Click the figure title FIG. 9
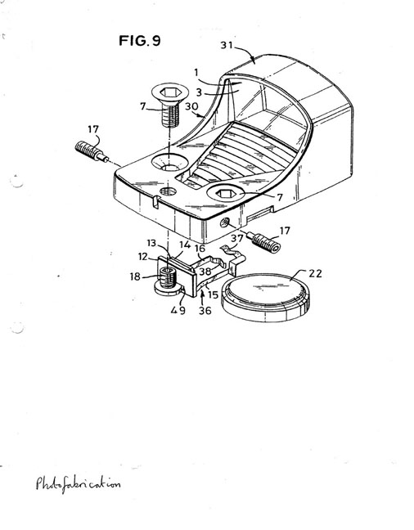pyautogui.click(x=140, y=41)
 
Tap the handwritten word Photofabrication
pyautogui.click(x=78, y=483)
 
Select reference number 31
pyautogui.click(x=227, y=45)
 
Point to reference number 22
pyautogui.click(x=315, y=273)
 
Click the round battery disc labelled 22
pyautogui.click(x=265, y=298)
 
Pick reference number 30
pyautogui.click(x=191, y=106)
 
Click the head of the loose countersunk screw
pyautogui.click(x=170, y=92)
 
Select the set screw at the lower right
pyautogui.click(x=265, y=242)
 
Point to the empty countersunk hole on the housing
pyautogui.click(x=169, y=163)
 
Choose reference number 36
pyautogui.click(x=205, y=310)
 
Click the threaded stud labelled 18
pyautogui.click(x=168, y=277)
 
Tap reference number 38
pyautogui.click(x=205, y=272)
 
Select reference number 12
pyautogui.click(x=143, y=257)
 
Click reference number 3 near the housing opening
pyautogui.click(x=199, y=92)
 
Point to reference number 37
pyautogui.click(x=237, y=239)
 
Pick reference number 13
pyautogui.click(x=152, y=243)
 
